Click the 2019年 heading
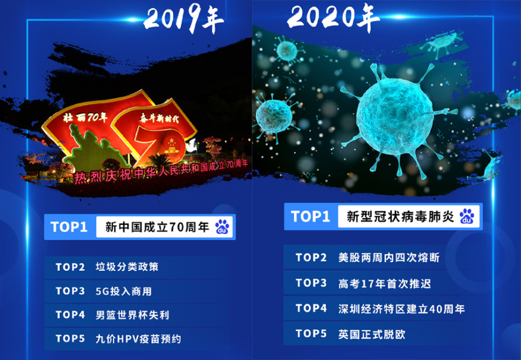coord(184,19)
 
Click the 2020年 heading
coord(333,17)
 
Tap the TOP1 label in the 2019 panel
coord(69,227)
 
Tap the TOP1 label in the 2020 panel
coord(310,216)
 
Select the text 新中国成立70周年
coord(157,227)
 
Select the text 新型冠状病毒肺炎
coord(400,216)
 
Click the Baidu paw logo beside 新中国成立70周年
coord(222,227)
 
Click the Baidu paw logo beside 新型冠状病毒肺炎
coord(467,216)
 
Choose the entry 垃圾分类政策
coord(127,267)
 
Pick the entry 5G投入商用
coord(124,291)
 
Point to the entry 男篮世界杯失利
coord(132,315)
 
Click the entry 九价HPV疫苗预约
coord(138,339)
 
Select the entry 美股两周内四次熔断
coord(389,258)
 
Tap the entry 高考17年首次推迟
coord(384,284)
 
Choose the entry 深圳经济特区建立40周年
coord(401,309)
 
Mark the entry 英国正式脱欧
coord(372,334)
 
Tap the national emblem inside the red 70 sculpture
coord(172,146)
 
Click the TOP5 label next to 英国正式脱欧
coord(311,333)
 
